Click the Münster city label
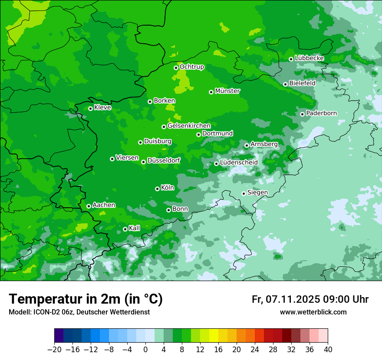pyautogui.click(x=227, y=91)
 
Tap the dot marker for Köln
pyautogui.click(x=157, y=189)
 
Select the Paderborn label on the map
pyautogui.click(x=321, y=113)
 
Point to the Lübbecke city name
pyautogui.click(x=309, y=58)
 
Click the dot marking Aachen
pyautogui.click(x=89, y=206)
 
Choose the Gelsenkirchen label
pyautogui.click(x=189, y=126)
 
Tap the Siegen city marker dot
pyautogui.click(x=244, y=193)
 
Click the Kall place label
pyautogui.click(x=135, y=228)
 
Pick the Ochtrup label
pyautogui.click(x=191, y=67)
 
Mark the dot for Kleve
pyautogui.click(x=90, y=108)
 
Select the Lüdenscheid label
pyautogui.click(x=239, y=163)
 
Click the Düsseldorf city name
pyautogui.click(x=164, y=161)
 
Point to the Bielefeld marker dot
pyautogui.click(x=285, y=84)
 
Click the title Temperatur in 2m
pyautogui.click(x=86, y=299)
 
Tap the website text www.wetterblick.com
pyautogui.click(x=313, y=312)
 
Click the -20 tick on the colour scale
pyautogui.click(x=54, y=350)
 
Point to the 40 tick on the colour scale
pyautogui.click(x=328, y=350)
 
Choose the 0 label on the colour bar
pyautogui.click(x=145, y=350)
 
